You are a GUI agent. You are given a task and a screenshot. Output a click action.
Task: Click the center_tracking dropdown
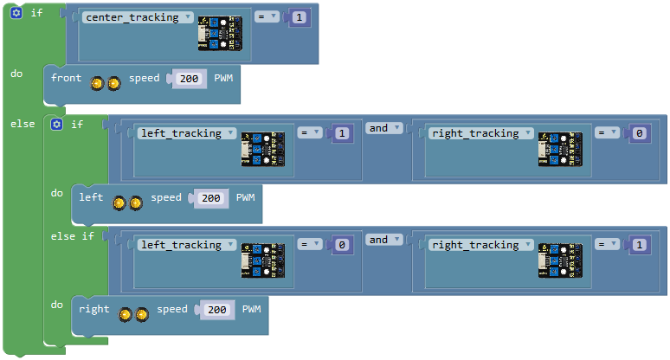pos(138,17)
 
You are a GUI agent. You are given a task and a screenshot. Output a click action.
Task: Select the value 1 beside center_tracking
pos(300,17)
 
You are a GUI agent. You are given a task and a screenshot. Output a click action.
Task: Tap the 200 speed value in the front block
pos(189,79)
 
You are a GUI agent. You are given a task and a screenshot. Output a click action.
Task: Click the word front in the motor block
pos(67,78)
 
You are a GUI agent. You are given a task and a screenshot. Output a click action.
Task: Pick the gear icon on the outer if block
pos(16,13)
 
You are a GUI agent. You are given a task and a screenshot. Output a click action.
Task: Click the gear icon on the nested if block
pos(57,125)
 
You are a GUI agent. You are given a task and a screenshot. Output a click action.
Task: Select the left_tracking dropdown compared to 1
pos(186,133)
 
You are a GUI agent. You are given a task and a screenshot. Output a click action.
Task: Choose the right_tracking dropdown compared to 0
pos(480,133)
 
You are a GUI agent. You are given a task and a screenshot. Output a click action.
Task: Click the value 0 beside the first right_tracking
pos(639,133)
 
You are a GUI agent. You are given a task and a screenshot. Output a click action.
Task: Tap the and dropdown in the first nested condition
pos(383,128)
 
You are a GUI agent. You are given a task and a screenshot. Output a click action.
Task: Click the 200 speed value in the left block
pos(211,198)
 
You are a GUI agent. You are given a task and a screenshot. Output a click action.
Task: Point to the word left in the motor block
pos(91,197)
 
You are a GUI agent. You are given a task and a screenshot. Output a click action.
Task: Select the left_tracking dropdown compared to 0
pos(186,245)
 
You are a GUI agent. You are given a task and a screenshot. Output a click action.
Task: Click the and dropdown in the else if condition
pos(383,240)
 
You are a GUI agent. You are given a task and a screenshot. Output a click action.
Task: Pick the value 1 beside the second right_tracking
pos(639,245)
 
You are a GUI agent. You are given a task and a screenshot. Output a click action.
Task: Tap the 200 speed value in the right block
pos(217,310)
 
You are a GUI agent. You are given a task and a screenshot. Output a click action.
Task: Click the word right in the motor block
pos(94,309)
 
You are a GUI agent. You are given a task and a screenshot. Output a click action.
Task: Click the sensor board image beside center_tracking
pos(220,33)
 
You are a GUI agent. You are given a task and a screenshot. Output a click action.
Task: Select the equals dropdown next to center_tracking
pos(267,17)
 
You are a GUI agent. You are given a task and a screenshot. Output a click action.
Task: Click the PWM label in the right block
pos(251,309)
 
